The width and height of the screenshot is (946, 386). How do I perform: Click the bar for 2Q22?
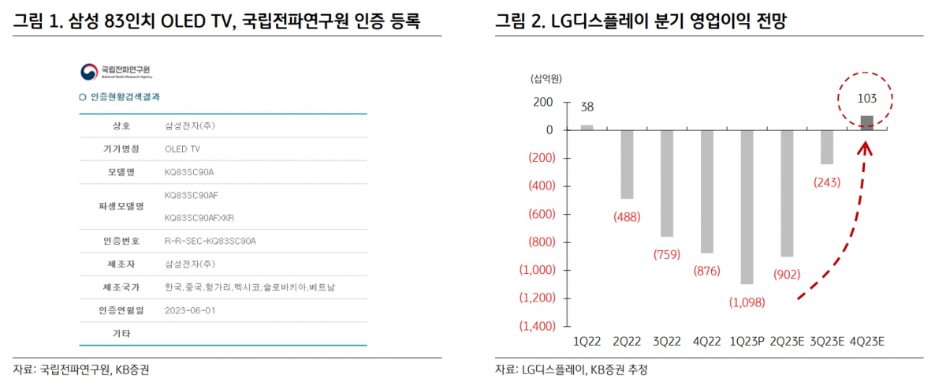point(627,164)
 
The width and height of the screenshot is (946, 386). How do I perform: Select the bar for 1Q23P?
point(747,207)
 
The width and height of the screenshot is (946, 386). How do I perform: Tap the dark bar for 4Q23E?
point(866,122)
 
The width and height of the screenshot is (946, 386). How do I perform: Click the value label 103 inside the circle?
point(866,99)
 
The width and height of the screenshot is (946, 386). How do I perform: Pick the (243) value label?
point(826,182)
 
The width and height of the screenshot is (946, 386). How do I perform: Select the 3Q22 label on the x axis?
point(667,342)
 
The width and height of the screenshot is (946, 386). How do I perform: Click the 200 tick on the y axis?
point(543,103)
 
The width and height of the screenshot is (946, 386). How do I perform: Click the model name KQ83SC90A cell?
point(189,171)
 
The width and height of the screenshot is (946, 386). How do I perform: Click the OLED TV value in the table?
point(182,148)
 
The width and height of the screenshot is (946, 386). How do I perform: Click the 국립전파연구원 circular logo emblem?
point(88,72)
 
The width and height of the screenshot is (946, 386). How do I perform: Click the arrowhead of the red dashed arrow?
point(865,146)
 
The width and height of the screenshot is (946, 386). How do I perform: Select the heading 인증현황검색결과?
point(131,97)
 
